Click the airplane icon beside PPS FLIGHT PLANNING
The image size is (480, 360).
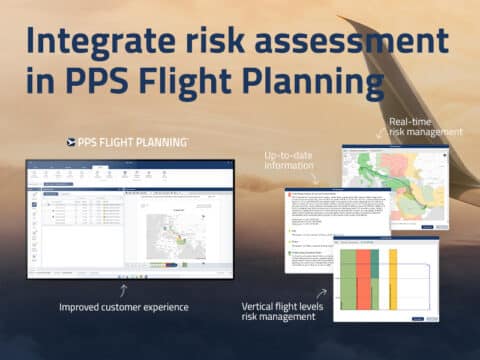tap(70, 142)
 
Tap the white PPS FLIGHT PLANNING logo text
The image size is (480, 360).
tap(130, 142)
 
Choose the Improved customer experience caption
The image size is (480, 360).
tap(124, 306)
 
